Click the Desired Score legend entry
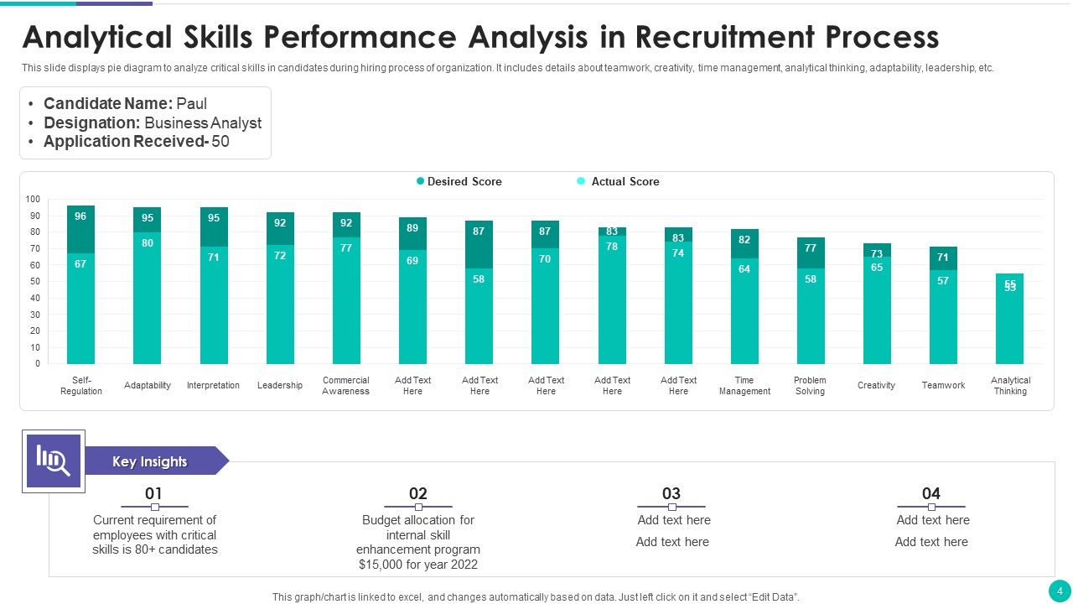(464, 181)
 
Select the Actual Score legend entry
(625, 181)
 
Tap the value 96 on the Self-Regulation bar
(80, 216)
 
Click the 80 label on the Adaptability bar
(147, 243)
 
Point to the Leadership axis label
(280, 386)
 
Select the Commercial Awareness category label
(345, 386)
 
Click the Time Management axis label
(744, 386)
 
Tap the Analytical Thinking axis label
(1010, 386)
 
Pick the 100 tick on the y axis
(33, 200)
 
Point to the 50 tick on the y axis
(35, 282)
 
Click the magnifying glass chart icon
(53, 461)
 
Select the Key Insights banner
(150, 461)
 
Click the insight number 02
(417, 493)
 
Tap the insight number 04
(931, 493)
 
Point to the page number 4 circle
(1059, 591)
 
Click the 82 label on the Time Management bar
(744, 240)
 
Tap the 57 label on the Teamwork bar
(943, 281)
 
